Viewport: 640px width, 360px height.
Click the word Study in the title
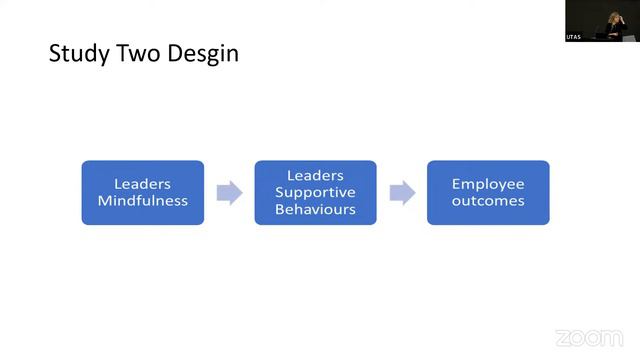[x=79, y=53]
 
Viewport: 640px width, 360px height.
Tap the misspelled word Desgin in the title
[x=203, y=53]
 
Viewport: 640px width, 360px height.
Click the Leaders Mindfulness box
[x=142, y=192]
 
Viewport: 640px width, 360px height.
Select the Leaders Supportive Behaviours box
[x=315, y=192]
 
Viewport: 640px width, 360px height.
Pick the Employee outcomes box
[x=488, y=192]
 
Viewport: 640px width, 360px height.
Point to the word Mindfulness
[x=142, y=201]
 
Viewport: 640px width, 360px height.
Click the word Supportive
[x=315, y=192]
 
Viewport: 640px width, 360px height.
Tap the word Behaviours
[x=315, y=209]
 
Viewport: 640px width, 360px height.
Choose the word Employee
[x=488, y=184]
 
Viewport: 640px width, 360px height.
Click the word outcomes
[x=488, y=201]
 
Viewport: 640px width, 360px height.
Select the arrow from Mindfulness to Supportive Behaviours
[x=229, y=193]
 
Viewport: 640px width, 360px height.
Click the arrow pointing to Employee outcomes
[x=402, y=193]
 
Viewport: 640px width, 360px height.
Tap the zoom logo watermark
[x=588, y=337]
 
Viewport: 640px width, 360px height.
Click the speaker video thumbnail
[x=601, y=21]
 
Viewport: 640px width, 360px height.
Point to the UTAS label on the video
[x=574, y=36]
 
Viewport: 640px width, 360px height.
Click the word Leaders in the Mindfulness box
[x=142, y=184]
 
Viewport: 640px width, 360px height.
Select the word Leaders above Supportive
[x=315, y=175]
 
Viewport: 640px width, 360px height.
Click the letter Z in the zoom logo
[x=562, y=337]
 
